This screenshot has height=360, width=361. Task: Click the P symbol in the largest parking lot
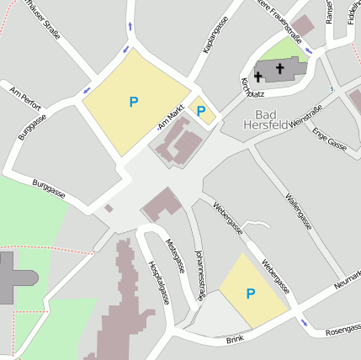(x=133, y=102)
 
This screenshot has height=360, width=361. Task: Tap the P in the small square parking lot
(x=201, y=110)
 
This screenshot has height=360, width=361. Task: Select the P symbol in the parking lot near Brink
(x=250, y=294)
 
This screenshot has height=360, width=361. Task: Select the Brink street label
(x=234, y=340)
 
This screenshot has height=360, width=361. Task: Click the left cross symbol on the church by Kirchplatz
(x=258, y=76)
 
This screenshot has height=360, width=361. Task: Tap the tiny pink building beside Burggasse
(x=109, y=207)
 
